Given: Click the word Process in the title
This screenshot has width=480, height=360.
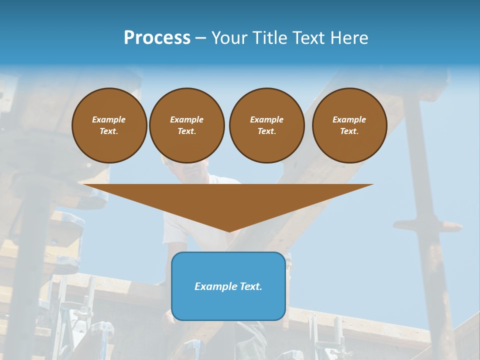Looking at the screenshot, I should pos(157,38).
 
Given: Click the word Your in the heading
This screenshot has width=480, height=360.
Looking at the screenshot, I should pos(229,38).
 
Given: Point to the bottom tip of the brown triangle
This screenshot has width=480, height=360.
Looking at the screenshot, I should pos(229,230).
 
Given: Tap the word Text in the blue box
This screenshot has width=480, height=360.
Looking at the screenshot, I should pos(251,286).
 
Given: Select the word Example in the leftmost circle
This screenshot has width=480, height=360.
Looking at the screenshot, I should pos(109,119).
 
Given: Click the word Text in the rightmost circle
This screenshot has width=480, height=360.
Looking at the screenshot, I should pos(349,131).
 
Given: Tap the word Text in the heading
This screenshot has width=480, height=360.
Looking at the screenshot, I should pos(310,38).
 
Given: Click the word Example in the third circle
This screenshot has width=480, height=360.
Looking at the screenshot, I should pos(266,119).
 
